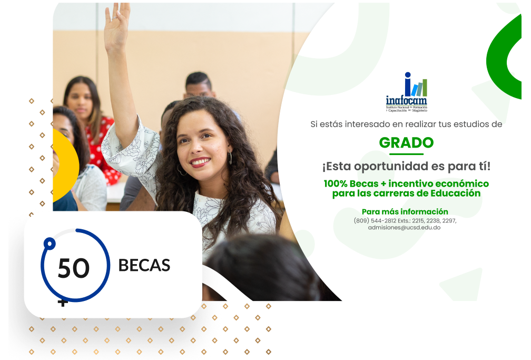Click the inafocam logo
click(x=406, y=92)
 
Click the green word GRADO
click(x=406, y=143)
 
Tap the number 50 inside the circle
click(x=74, y=268)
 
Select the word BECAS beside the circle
click(x=144, y=266)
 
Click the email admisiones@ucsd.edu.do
click(x=405, y=228)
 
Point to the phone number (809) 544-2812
click(x=375, y=221)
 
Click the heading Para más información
click(x=405, y=211)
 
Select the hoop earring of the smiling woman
click(x=230, y=158)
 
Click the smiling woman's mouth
click(x=200, y=162)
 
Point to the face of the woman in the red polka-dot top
click(x=80, y=99)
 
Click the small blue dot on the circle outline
click(x=50, y=244)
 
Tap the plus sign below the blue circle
click(x=63, y=303)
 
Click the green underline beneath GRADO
click(x=406, y=154)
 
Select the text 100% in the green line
click(x=336, y=184)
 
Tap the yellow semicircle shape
click(x=66, y=166)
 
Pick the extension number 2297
click(x=449, y=221)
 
